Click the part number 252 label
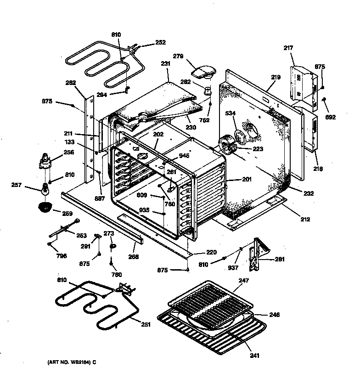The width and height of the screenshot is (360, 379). coord(160,42)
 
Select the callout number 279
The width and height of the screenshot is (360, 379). coord(178,57)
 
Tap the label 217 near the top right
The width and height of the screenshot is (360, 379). coord(288,48)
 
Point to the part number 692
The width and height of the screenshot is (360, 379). coord(330,117)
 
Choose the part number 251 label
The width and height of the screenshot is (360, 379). coord(146,325)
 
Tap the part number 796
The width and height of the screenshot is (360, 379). coord(61,256)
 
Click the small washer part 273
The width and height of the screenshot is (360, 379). coord(112,248)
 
